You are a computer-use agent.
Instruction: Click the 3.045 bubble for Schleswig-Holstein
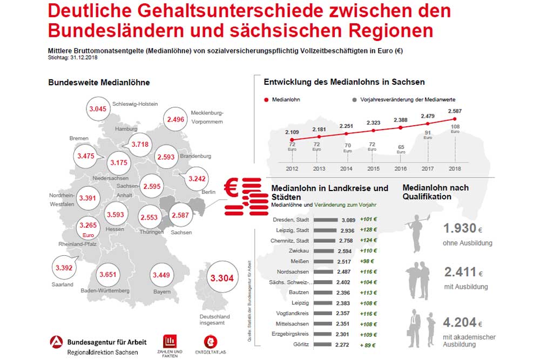click(98, 109)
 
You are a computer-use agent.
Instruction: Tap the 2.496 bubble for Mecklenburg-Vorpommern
click(176, 120)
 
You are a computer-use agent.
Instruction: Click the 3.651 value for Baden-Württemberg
click(107, 275)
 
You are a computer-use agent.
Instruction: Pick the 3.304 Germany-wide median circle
click(221, 279)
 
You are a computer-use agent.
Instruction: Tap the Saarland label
click(63, 284)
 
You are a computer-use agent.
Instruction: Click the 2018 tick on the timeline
click(455, 168)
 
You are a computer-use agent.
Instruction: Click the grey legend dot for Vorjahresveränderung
click(354, 100)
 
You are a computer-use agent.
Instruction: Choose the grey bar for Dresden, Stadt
click(325, 220)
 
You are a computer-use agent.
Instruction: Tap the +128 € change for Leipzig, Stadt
click(368, 230)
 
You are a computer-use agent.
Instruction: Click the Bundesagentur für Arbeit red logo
click(56, 343)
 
